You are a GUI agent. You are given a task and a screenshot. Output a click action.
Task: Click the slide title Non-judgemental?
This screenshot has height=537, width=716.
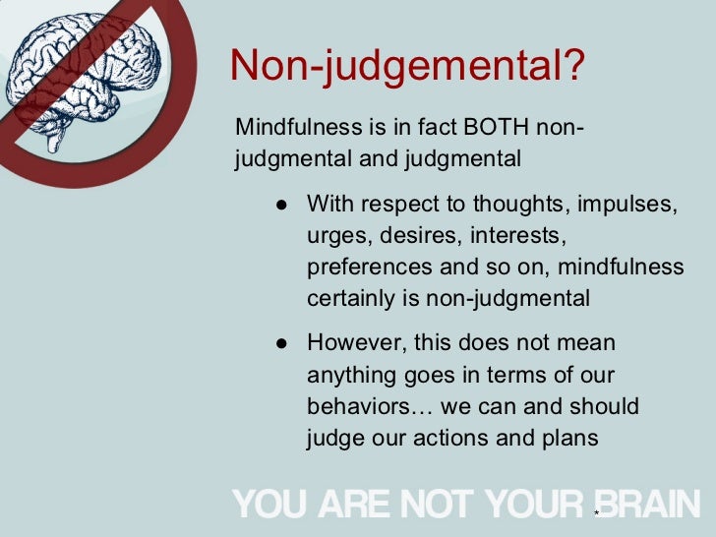tap(407, 67)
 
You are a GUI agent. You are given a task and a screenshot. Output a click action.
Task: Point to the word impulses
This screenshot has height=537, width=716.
tap(632, 206)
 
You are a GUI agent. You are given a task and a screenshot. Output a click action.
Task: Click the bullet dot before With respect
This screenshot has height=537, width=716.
tap(281, 206)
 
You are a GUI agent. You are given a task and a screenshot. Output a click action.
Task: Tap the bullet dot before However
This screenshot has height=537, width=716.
tap(281, 343)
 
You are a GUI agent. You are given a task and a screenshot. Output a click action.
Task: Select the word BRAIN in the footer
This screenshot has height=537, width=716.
tap(649, 504)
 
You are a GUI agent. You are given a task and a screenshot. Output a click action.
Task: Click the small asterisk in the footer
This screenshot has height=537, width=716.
tap(596, 513)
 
